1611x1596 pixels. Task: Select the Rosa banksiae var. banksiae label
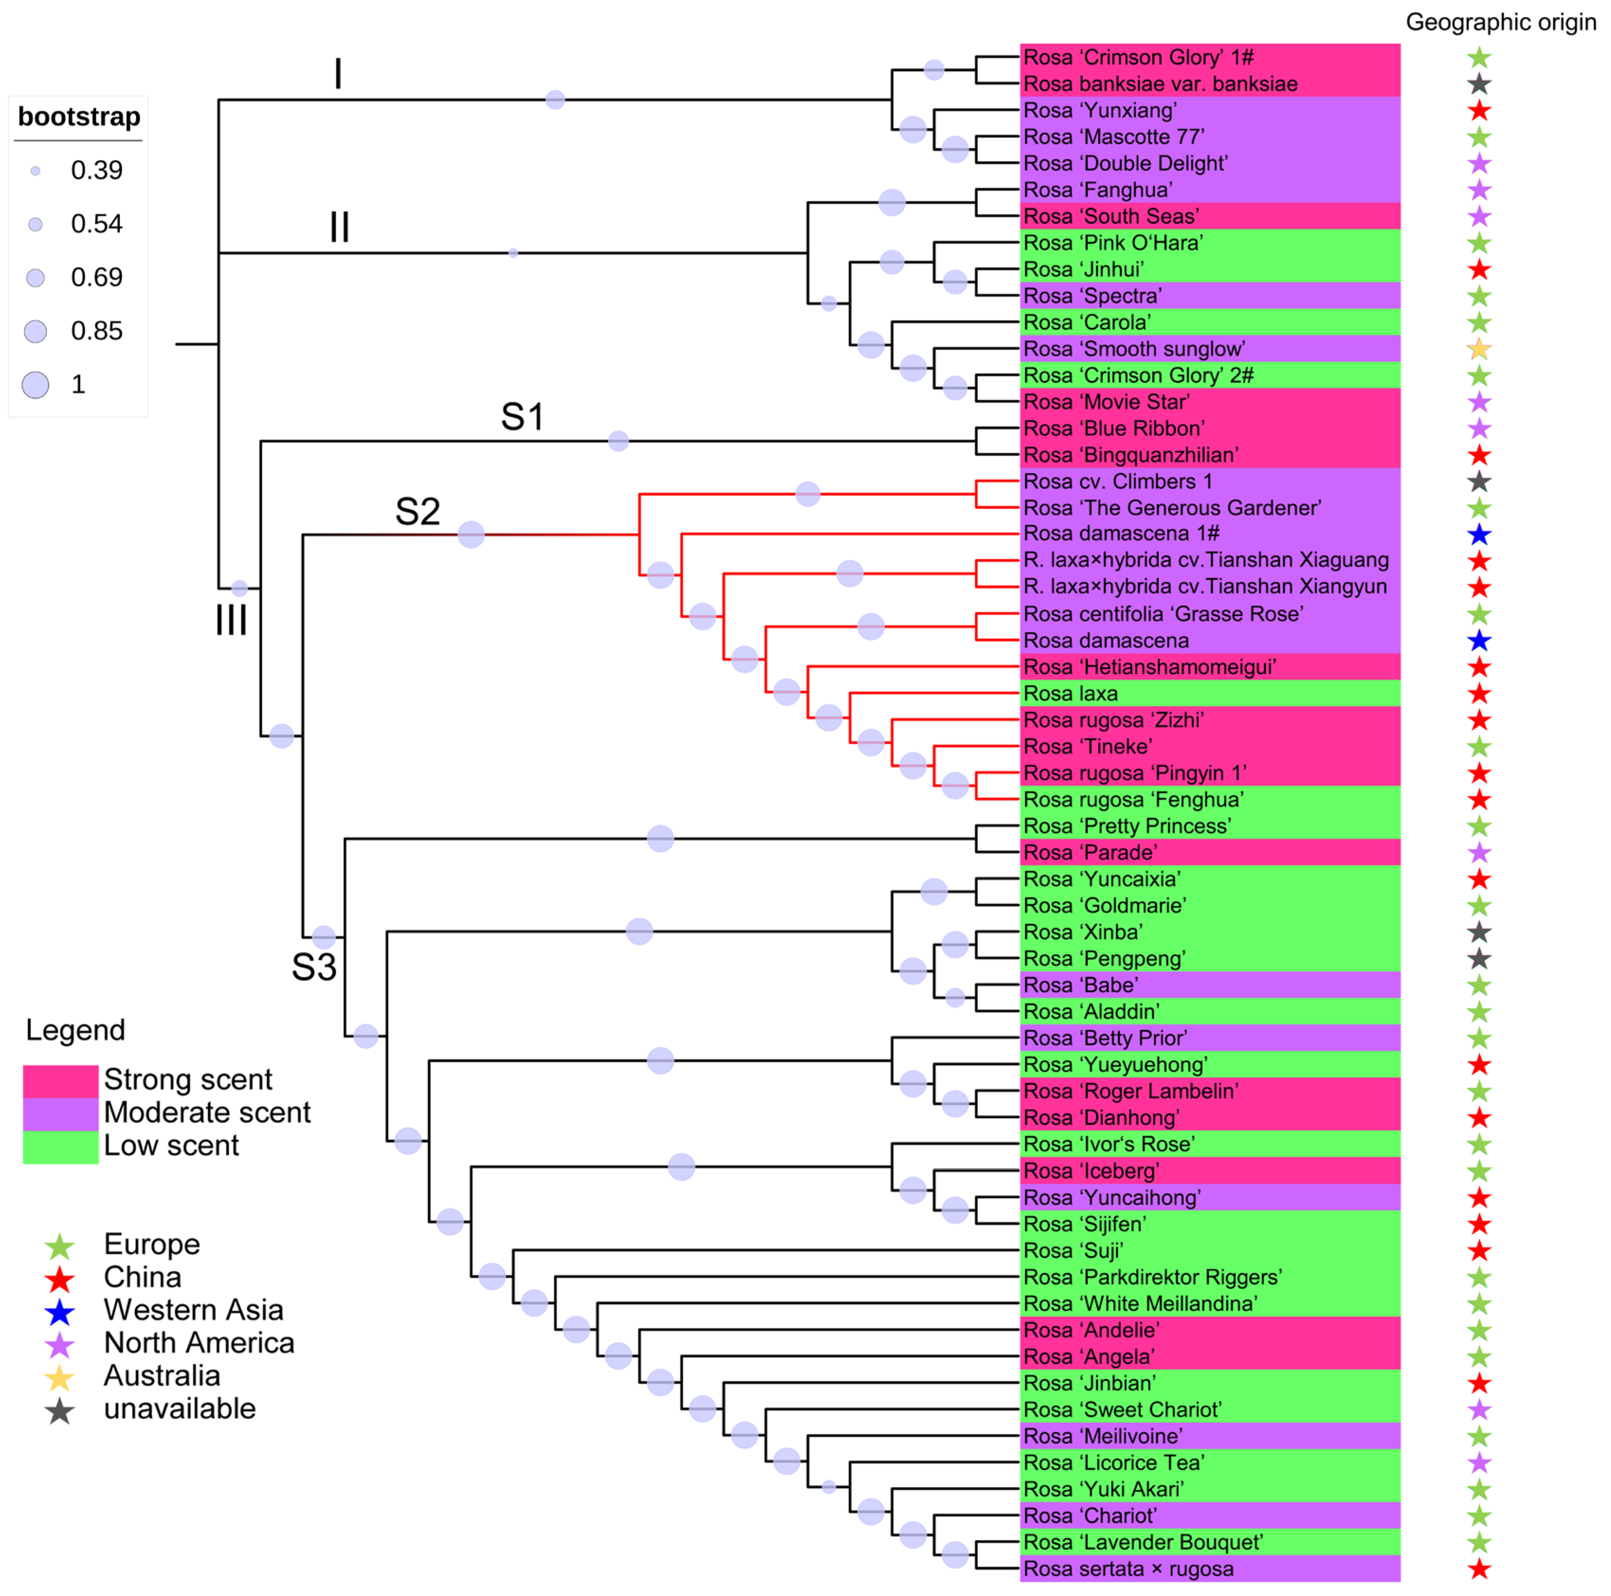pos(1160,84)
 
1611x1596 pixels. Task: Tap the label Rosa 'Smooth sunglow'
pos(1134,350)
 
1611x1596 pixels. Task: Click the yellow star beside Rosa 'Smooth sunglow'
pos(1478,350)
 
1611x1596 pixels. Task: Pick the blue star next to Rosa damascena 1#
pos(1478,534)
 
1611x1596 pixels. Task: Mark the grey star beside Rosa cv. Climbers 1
pos(1478,482)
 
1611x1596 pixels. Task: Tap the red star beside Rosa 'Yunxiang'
pos(1478,111)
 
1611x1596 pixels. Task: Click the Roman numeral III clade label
pos(231,621)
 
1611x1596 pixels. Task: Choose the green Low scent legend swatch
pos(60,1146)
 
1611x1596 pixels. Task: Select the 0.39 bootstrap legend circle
pos(35,171)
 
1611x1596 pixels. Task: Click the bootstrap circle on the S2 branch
pos(471,534)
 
